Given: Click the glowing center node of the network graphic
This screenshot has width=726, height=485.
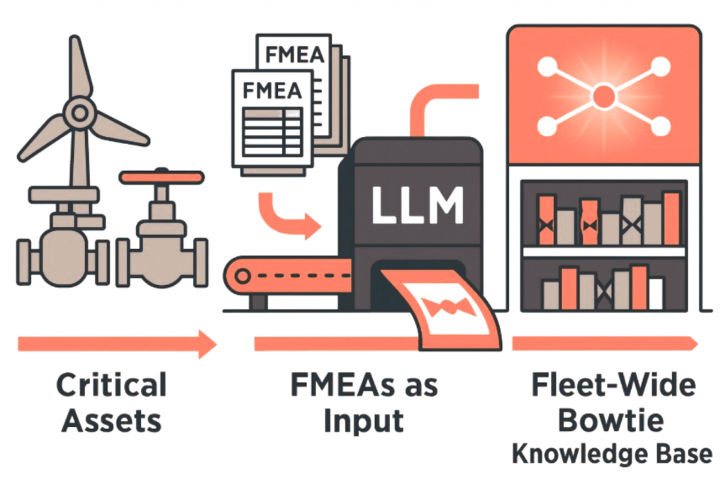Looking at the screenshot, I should pyautogui.click(x=603, y=94).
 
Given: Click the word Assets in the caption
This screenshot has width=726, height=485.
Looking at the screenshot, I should pyautogui.click(x=111, y=421).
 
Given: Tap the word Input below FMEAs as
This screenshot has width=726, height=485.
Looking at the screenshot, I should pyautogui.click(x=364, y=421).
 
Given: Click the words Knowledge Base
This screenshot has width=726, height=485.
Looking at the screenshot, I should pyautogui.click(x=612, y=454).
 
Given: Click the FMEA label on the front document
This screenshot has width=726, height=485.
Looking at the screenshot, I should pyautogui.click(x=272, y=91).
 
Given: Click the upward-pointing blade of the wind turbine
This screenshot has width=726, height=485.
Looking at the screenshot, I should pyautogui.click(x=80, y=67).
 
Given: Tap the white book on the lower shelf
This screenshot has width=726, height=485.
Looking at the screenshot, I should pyautogui.click(x=656, y=294).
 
